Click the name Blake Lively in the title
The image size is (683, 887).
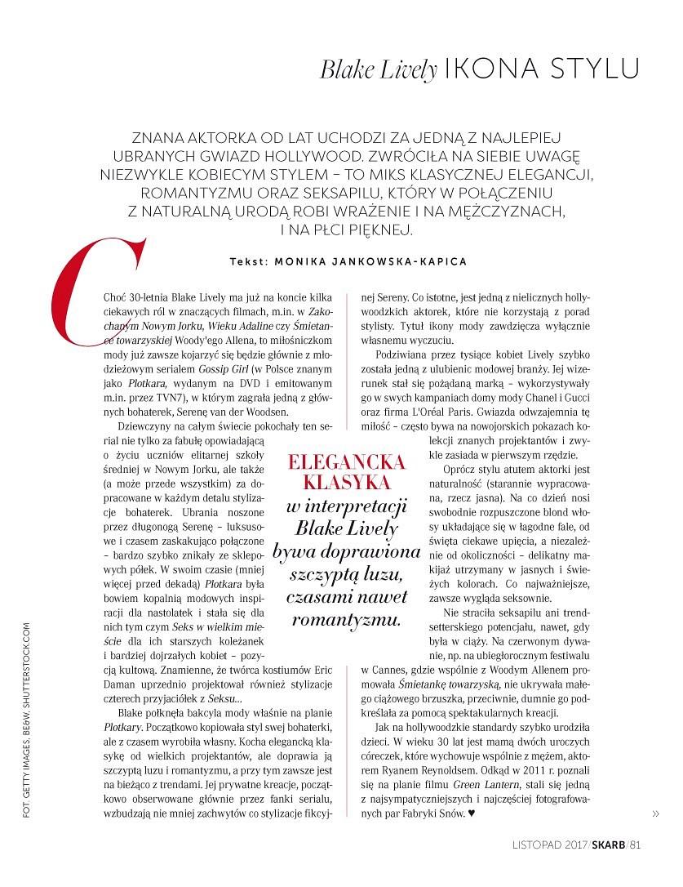378,69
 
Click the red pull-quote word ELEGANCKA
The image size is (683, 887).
347,463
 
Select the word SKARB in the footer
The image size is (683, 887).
608,845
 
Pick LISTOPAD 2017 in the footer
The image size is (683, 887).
544,845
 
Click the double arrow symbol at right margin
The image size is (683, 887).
655,813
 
